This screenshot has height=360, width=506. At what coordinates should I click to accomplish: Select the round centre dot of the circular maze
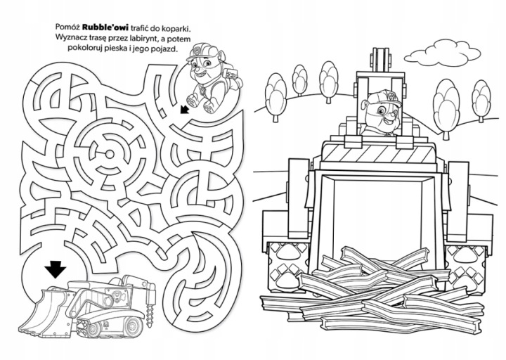pyautogui.click(x=109, y=153)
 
